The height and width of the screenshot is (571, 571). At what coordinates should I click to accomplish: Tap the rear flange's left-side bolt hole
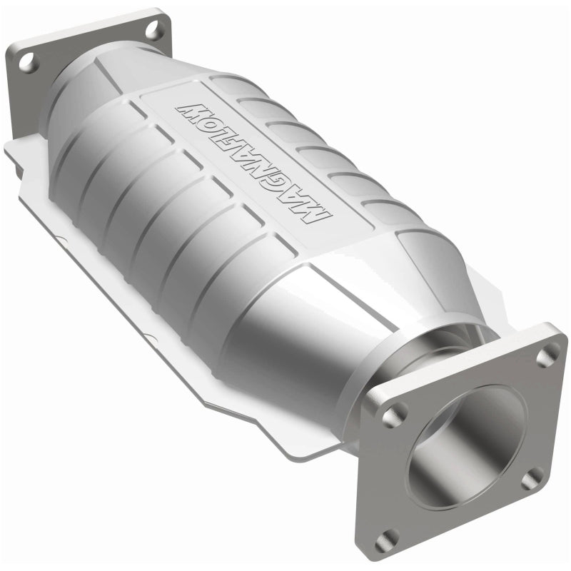(x=29, y=63)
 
